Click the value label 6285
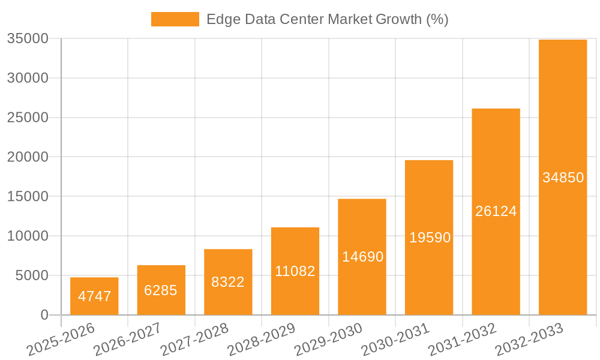(161, 290)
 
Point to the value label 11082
(295, 271)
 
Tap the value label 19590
(430, 238)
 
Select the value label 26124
(496, 211)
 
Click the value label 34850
(563, 178)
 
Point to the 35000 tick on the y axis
(28, 39)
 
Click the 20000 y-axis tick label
(28, 157)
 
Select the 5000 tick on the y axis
(32, 275)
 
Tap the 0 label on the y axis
(44, 315)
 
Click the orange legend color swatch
(175, 19)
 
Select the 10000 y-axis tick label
(28, 236)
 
